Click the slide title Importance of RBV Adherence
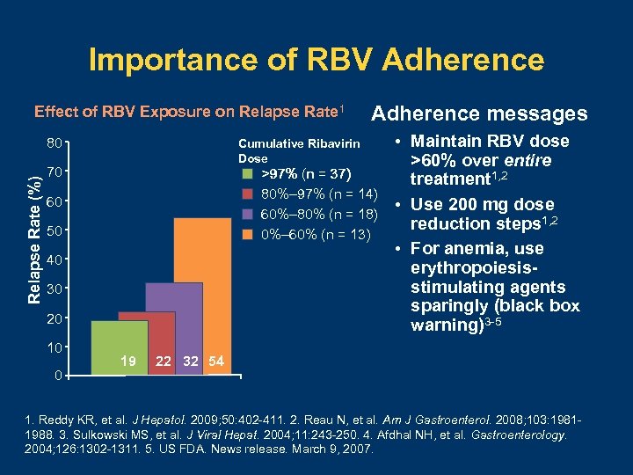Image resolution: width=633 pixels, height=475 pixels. click(x=316, y=60)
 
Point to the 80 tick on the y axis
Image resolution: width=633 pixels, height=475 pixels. click(x=54, y=142)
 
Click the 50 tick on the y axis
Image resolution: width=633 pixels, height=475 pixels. click(x=54, y=231)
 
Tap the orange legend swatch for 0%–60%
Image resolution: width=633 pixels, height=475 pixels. click(x=247, y=235)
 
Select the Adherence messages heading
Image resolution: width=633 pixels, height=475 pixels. click(x=479, y=113)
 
